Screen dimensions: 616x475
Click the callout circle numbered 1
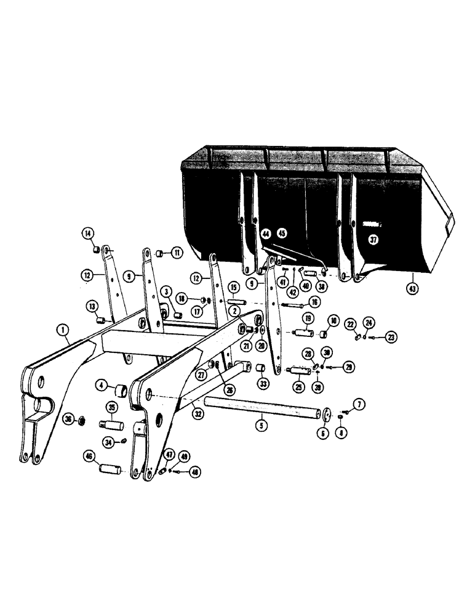(x=64, y=331)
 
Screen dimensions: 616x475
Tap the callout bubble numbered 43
(x=412, y=287)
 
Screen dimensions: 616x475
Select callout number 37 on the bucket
(x=372, y=240)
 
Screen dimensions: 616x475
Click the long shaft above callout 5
(x=262, y=407)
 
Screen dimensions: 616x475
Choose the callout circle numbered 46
(x=89, y=456)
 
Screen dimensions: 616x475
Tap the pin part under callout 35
(x=113, y=426)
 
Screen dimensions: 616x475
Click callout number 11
(x=177, y=253)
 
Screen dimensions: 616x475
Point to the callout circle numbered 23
(x=386, y=336)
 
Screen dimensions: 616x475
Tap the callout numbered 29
(x=349, y=367)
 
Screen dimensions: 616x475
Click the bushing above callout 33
(x=260, y=369)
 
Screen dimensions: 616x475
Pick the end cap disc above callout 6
(x=324, y=413)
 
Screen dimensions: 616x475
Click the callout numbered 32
(x=198, y=415)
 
